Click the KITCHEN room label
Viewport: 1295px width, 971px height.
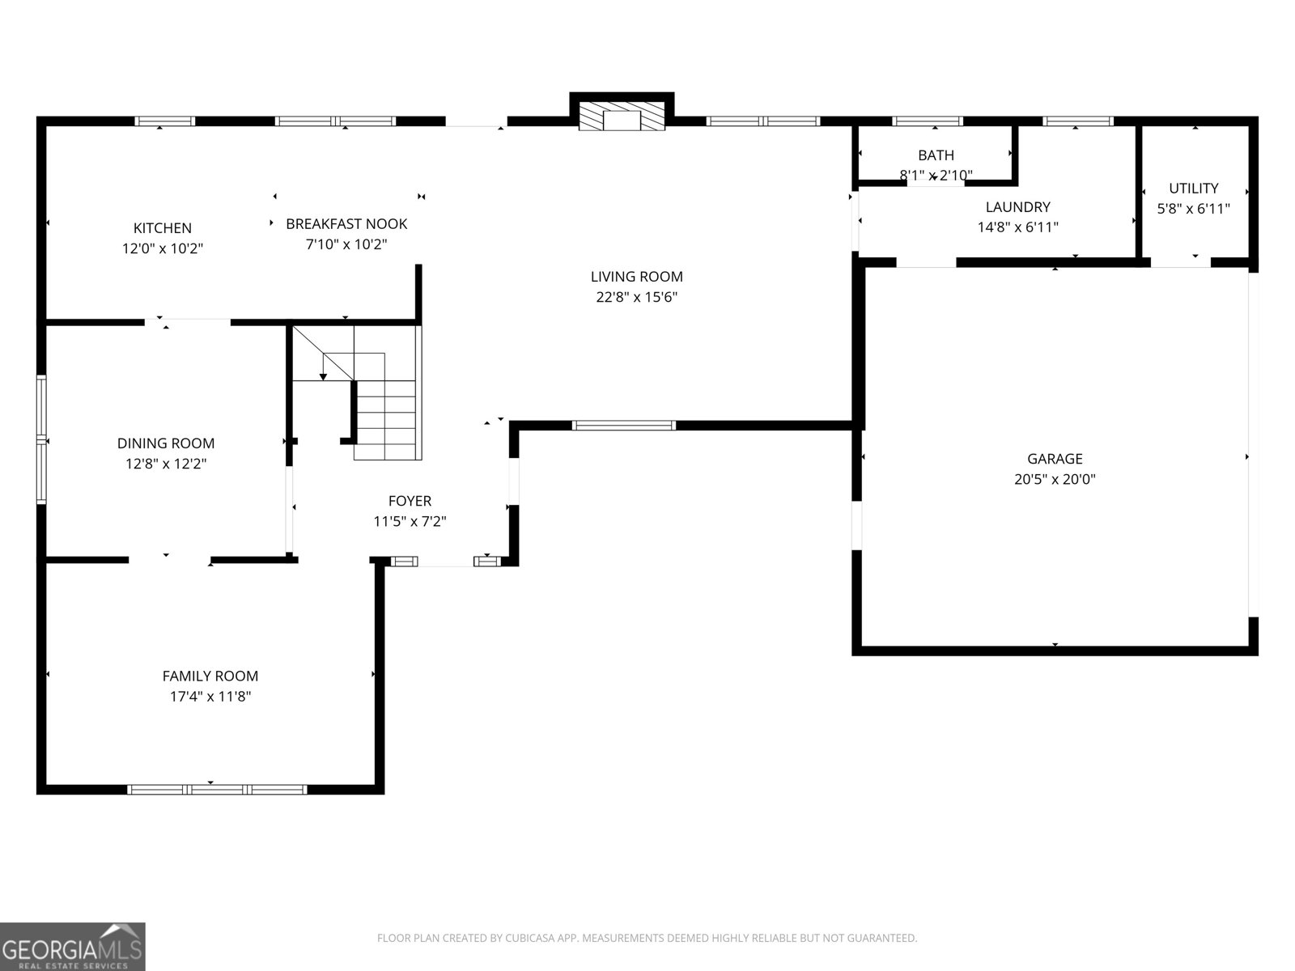tap(162, 228)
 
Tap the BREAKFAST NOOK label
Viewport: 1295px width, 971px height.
tap(346, 224)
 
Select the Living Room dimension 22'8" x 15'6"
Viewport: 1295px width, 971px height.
tap(637, 297)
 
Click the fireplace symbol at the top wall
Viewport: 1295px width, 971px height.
tap(622, 117)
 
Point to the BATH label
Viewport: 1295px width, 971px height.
tap(936, 155)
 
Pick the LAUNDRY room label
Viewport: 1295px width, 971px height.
tap(1017, 207)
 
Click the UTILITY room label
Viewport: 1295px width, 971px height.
tap(1194, 189)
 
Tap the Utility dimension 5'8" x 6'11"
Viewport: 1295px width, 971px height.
tap(1194, 209)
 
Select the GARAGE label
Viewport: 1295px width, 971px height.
tap(1055, 459)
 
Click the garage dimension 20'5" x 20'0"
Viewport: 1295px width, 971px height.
tap(1055, 479)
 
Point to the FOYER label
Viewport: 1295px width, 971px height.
tap(410, 501)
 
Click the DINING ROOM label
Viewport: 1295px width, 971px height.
tap(166, 443)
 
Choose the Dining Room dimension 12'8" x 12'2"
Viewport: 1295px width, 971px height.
tap(166, 464)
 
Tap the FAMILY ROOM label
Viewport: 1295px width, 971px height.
tap(210, 676)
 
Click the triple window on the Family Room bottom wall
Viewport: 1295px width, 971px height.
tap(217, 790)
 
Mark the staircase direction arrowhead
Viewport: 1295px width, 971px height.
tap(323, 376)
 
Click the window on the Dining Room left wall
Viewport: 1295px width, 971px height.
tap(41, 440)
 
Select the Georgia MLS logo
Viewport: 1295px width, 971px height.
tap(73, 946)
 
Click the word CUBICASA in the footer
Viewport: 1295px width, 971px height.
tap(528, 938)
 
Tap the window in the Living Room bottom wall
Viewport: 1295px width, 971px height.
tap(623, 425)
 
